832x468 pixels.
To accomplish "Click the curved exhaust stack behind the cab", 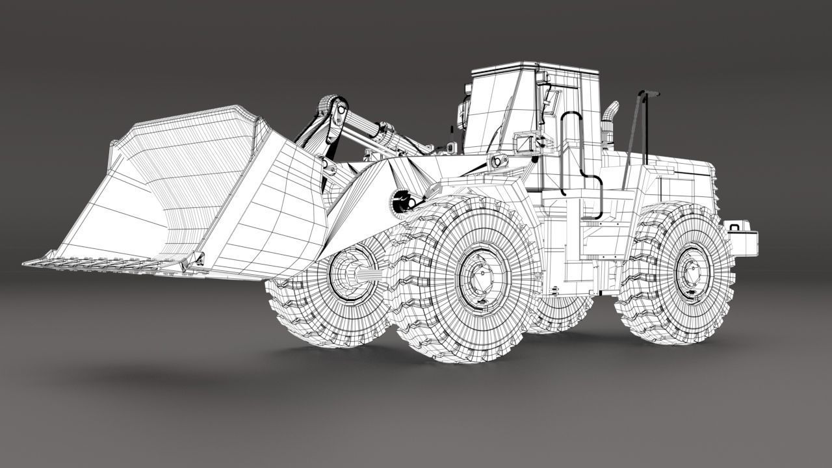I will [609, 123].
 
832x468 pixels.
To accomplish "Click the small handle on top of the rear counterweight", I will [735, 227].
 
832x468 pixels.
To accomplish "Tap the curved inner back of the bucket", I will [162, 188].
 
